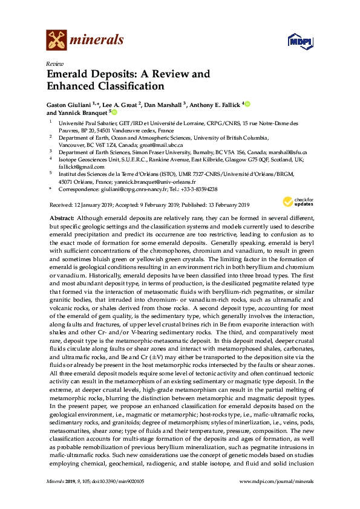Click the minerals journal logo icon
pyautogui.click(x=56, y=41)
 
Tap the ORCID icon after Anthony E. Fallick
pyautogui.click(x=247, y=104)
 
